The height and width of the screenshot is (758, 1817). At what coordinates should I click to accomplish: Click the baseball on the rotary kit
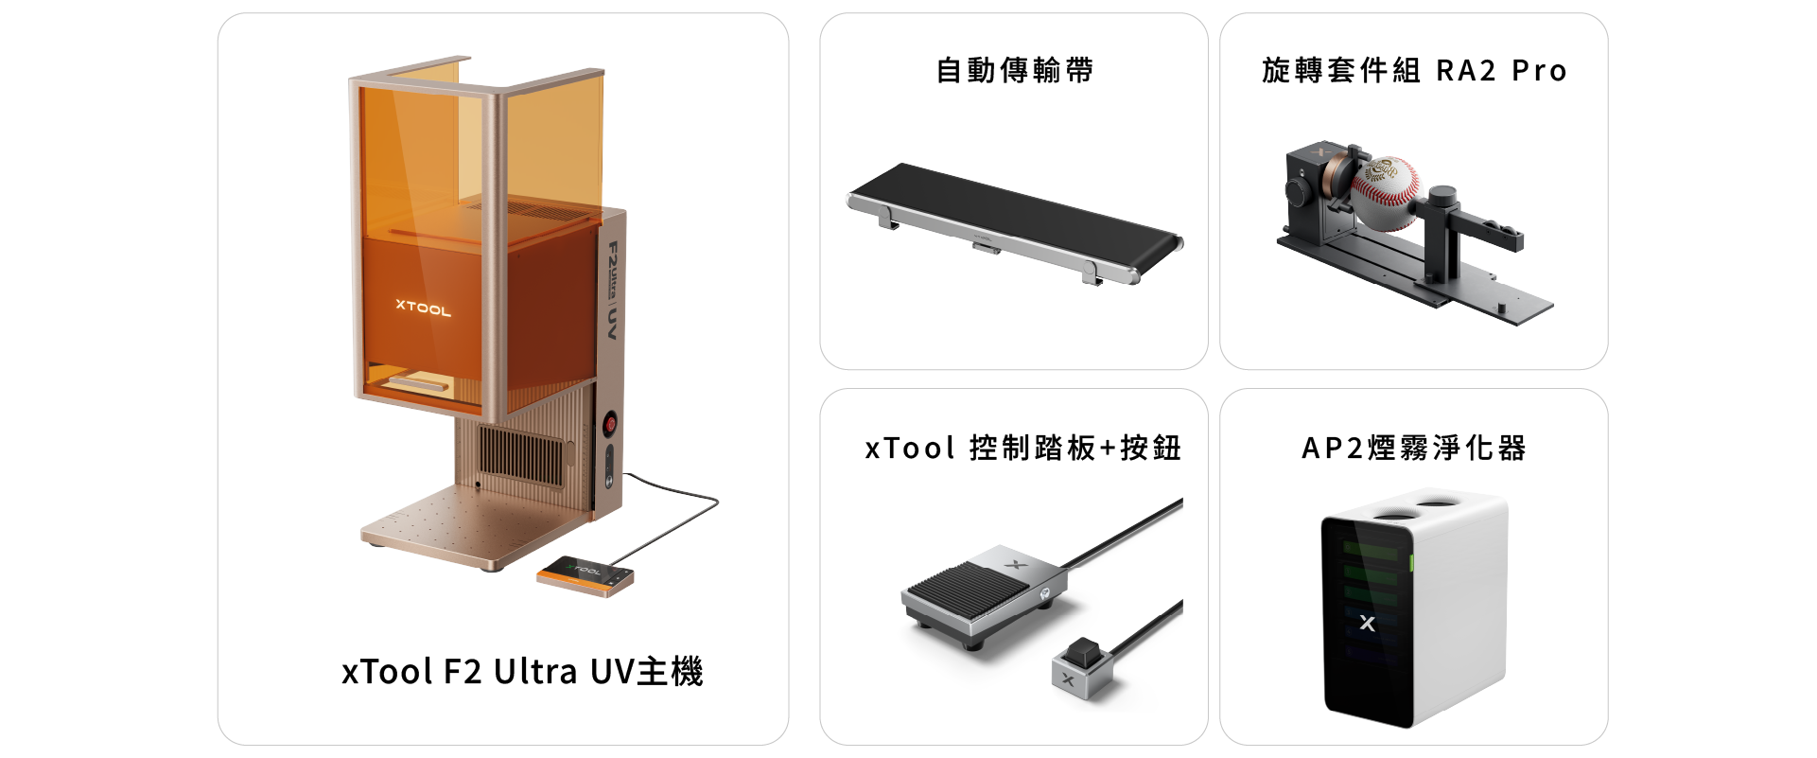(x=1387, y=193)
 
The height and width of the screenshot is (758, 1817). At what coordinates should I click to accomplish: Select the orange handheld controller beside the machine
(x=585, y=575)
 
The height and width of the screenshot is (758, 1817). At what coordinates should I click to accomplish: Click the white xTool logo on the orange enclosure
(x=424, y=307)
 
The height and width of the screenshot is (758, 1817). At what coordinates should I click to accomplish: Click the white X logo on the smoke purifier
(x=1367, y=624)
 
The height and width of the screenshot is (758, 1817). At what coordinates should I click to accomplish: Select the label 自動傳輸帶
(x=1015, y=70)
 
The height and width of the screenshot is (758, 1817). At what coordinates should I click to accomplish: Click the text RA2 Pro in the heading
(x=1501, y=70)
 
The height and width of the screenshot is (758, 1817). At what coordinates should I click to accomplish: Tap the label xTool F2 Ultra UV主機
(x=522, y=671)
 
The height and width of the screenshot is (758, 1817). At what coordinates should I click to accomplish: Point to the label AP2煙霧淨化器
(x=1414, y=448)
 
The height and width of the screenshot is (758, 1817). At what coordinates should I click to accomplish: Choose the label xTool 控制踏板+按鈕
(x=1023, y=448)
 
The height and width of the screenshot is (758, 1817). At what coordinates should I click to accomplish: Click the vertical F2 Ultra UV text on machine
(x=613, y=291)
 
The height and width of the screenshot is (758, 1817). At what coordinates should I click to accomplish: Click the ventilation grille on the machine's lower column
(x=521, y=453)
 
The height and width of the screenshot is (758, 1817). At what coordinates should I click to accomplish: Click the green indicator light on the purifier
(x=1411, y=564)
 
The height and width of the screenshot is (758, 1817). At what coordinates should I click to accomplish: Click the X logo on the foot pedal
(x=1015, y=565)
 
